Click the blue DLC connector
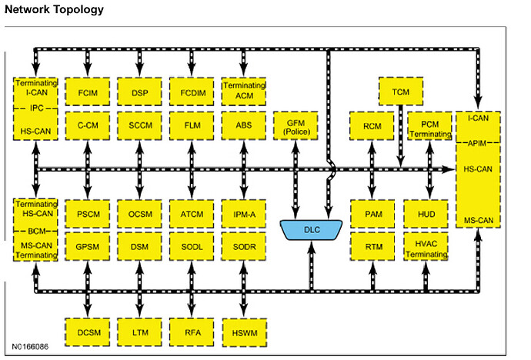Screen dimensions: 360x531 [312, 230]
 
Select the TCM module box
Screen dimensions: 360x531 [400, 92]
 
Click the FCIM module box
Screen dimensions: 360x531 [87, 92]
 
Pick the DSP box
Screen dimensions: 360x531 [139, 92]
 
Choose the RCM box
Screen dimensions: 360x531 [372, 125]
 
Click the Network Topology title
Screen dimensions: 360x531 [54, 10]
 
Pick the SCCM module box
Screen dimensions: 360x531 [139, 125]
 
